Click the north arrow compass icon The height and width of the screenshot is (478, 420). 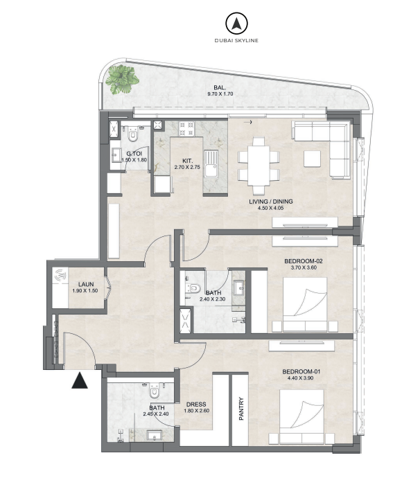236,23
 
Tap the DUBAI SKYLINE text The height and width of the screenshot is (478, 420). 236,41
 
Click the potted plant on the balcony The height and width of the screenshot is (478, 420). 122,79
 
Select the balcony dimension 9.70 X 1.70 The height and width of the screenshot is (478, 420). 220,94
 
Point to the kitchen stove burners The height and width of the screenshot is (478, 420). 186,129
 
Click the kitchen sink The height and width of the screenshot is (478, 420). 211,163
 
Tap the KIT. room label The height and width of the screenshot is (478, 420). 187,161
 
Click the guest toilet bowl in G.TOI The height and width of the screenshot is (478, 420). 132,134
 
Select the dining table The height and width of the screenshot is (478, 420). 259,166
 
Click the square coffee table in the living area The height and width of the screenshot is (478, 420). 312,159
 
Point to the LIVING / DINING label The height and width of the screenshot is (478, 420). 271,202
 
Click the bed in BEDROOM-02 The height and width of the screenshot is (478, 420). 305,305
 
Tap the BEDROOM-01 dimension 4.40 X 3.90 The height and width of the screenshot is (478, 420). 300,378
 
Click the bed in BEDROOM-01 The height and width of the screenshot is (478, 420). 301,417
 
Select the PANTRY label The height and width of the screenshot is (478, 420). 241,409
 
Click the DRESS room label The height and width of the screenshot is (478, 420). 196,405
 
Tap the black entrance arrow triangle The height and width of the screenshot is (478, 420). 80,380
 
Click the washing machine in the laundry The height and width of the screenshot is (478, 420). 60,276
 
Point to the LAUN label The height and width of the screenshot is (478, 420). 86,285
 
